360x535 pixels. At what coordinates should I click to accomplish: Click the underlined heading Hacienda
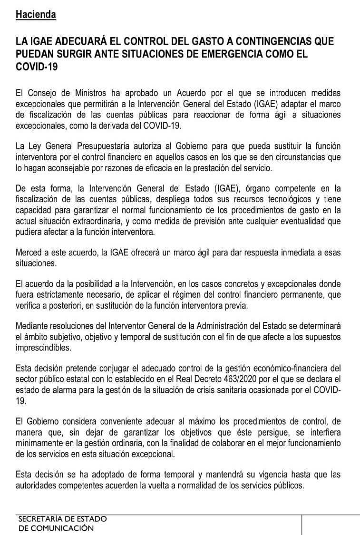36,15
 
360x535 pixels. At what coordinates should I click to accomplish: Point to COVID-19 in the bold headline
37,67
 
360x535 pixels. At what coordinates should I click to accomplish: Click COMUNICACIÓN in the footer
63,528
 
